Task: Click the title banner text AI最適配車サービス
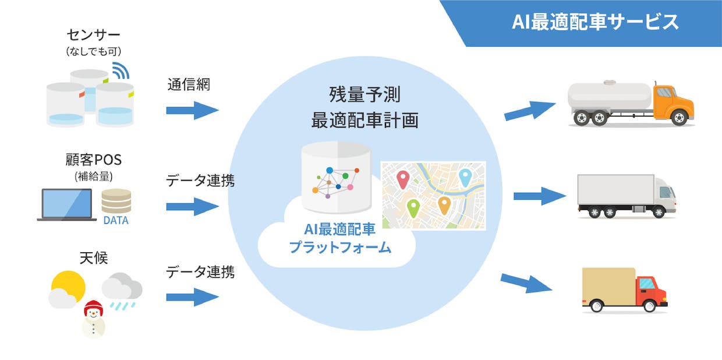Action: [595, 22]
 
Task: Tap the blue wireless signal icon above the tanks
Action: [121, 70]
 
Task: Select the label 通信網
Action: [189, 84]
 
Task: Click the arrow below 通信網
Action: [192, 110]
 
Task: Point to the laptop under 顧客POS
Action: [67, 205]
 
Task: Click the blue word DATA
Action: [116, 220]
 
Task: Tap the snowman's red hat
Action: [94, 308]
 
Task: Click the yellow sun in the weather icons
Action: [69, 287]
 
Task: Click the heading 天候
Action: [94, 258]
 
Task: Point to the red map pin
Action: [403, 179]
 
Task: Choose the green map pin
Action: [413, 209]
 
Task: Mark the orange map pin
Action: [444, 206]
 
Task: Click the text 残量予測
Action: [364, 94]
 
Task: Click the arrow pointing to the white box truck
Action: [540, 196]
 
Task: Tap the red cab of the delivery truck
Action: [651, 291]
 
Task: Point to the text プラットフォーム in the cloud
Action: [340, 248]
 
